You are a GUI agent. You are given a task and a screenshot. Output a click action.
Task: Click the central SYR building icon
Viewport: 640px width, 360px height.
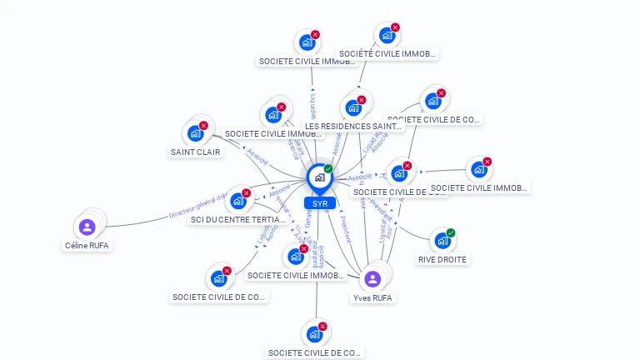[319, 177]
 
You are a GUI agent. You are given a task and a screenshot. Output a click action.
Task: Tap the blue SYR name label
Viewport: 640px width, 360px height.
[319, 203]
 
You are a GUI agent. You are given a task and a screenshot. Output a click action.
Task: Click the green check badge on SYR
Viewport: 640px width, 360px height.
[328, 168]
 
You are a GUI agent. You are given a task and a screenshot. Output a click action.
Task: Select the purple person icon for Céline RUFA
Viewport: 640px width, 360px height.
[87, 227]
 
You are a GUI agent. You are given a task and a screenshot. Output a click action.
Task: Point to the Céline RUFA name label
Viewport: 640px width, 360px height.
[87, 246]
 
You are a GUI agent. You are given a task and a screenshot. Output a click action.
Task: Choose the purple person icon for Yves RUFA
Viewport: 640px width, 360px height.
[372, 278]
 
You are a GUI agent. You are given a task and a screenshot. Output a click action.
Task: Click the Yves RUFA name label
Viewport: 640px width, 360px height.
[372, 297]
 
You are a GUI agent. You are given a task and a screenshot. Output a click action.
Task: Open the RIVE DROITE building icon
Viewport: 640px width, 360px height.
[442, 241]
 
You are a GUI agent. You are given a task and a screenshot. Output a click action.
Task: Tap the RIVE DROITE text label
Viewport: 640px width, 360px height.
[442, 259]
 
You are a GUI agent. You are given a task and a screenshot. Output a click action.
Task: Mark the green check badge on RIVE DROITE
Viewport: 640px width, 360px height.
[451, 232]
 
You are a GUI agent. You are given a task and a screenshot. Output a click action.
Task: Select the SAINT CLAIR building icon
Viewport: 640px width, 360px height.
[195, 133]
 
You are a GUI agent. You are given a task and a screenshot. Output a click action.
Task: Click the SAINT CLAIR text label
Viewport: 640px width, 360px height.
[196, 152]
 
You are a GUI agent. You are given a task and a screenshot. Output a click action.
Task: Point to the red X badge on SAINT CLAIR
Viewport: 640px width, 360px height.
[203, 125]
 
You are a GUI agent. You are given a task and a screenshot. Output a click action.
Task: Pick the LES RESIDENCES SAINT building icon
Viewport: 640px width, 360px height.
[352, 107]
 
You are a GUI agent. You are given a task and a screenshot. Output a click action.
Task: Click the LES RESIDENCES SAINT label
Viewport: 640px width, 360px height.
[347, 127]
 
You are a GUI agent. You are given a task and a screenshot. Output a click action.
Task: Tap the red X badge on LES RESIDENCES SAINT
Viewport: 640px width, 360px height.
[362, 99]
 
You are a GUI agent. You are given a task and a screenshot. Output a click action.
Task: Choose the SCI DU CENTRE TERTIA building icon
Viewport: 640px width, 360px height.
[238, 201]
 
